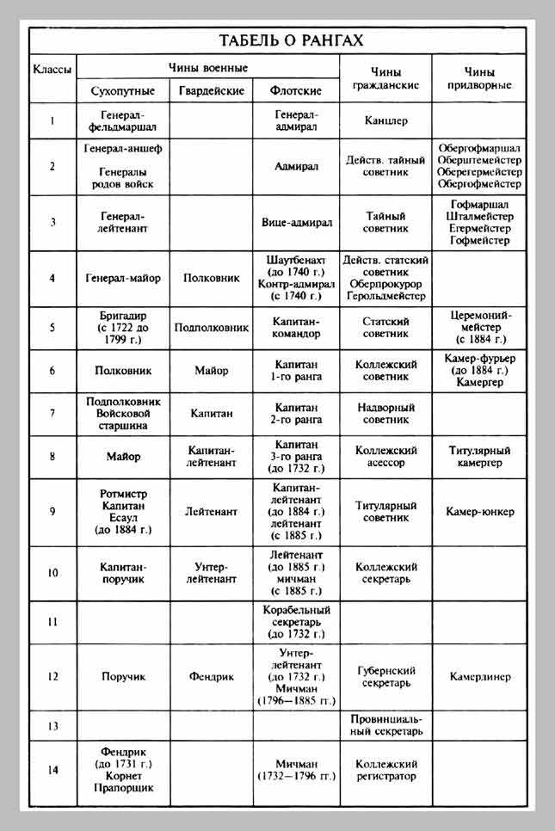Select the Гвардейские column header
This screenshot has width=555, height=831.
(x=211, y=90)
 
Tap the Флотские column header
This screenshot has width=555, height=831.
(x=296, y=90)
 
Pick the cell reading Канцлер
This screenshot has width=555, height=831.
(x=386, y=121)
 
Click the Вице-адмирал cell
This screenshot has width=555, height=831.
(x=297, y=221)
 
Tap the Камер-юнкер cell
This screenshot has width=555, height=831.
(x=479, y=512)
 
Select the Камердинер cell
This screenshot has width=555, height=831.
(x=479, y=676)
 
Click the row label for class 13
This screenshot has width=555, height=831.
(x=52, y=725)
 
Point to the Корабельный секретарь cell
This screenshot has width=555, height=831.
(x=296, y=621)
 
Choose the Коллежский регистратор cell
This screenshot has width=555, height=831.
(x=386, y=770)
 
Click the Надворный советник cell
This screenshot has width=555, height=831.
(x=386, y=413)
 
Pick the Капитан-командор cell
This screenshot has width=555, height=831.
(x=296, y=327)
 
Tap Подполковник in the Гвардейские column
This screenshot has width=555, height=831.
(x=211, y=327)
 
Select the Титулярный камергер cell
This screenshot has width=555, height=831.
(x=479, y=456)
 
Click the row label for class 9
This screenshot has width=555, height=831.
(x=52, y=512)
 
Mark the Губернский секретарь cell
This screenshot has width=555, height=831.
(x=386, y=676)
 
